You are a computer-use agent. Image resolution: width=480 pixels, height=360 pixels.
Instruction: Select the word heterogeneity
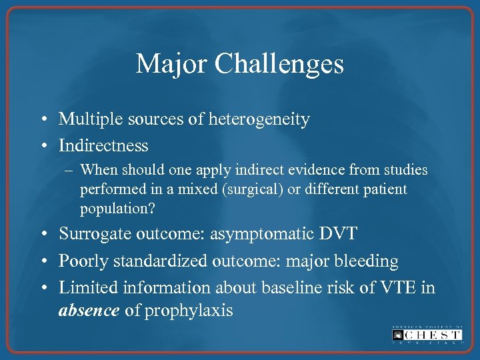pyautogui.click(x=269, y=119)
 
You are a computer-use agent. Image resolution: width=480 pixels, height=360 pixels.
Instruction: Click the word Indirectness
pyautogui.click(x=103, y=145)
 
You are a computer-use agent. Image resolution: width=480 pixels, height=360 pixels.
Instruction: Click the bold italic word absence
pyautogui.click(x=89, y=311)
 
